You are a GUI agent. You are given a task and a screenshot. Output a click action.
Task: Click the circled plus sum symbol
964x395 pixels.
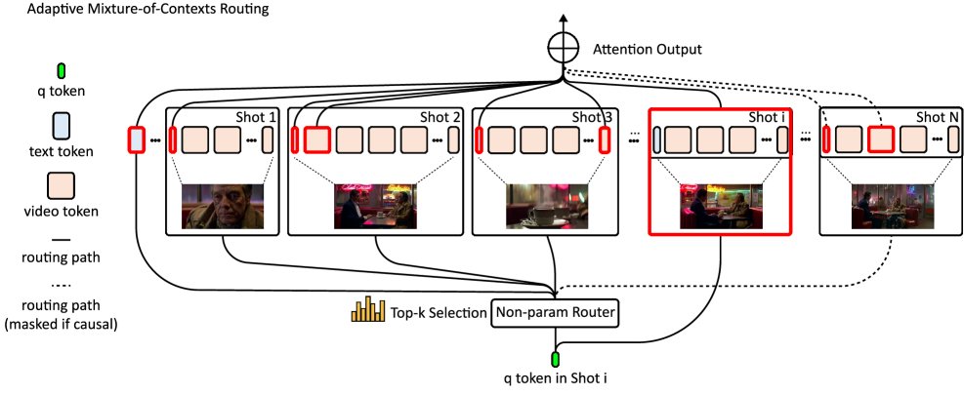coord(562,48)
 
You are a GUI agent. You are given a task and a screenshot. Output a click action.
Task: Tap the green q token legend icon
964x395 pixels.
coord(61,70)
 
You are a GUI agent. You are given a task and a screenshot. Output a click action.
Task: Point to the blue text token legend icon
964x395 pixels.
coord(61,127)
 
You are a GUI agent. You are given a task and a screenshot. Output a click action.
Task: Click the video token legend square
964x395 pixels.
coord(61,182)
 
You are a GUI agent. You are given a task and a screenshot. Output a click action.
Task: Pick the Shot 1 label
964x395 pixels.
coord(257,117)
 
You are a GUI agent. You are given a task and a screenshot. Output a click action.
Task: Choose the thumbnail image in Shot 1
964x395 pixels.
coord(224,207)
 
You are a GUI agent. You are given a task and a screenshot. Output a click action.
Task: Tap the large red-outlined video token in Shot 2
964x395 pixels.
coord(316,139)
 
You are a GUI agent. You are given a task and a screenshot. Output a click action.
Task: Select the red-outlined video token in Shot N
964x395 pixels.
coord(882,139)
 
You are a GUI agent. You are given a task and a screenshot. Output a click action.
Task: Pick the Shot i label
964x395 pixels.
coord(766,117)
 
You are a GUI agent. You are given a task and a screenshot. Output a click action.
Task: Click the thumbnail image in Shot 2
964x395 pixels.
coord(376,207)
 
